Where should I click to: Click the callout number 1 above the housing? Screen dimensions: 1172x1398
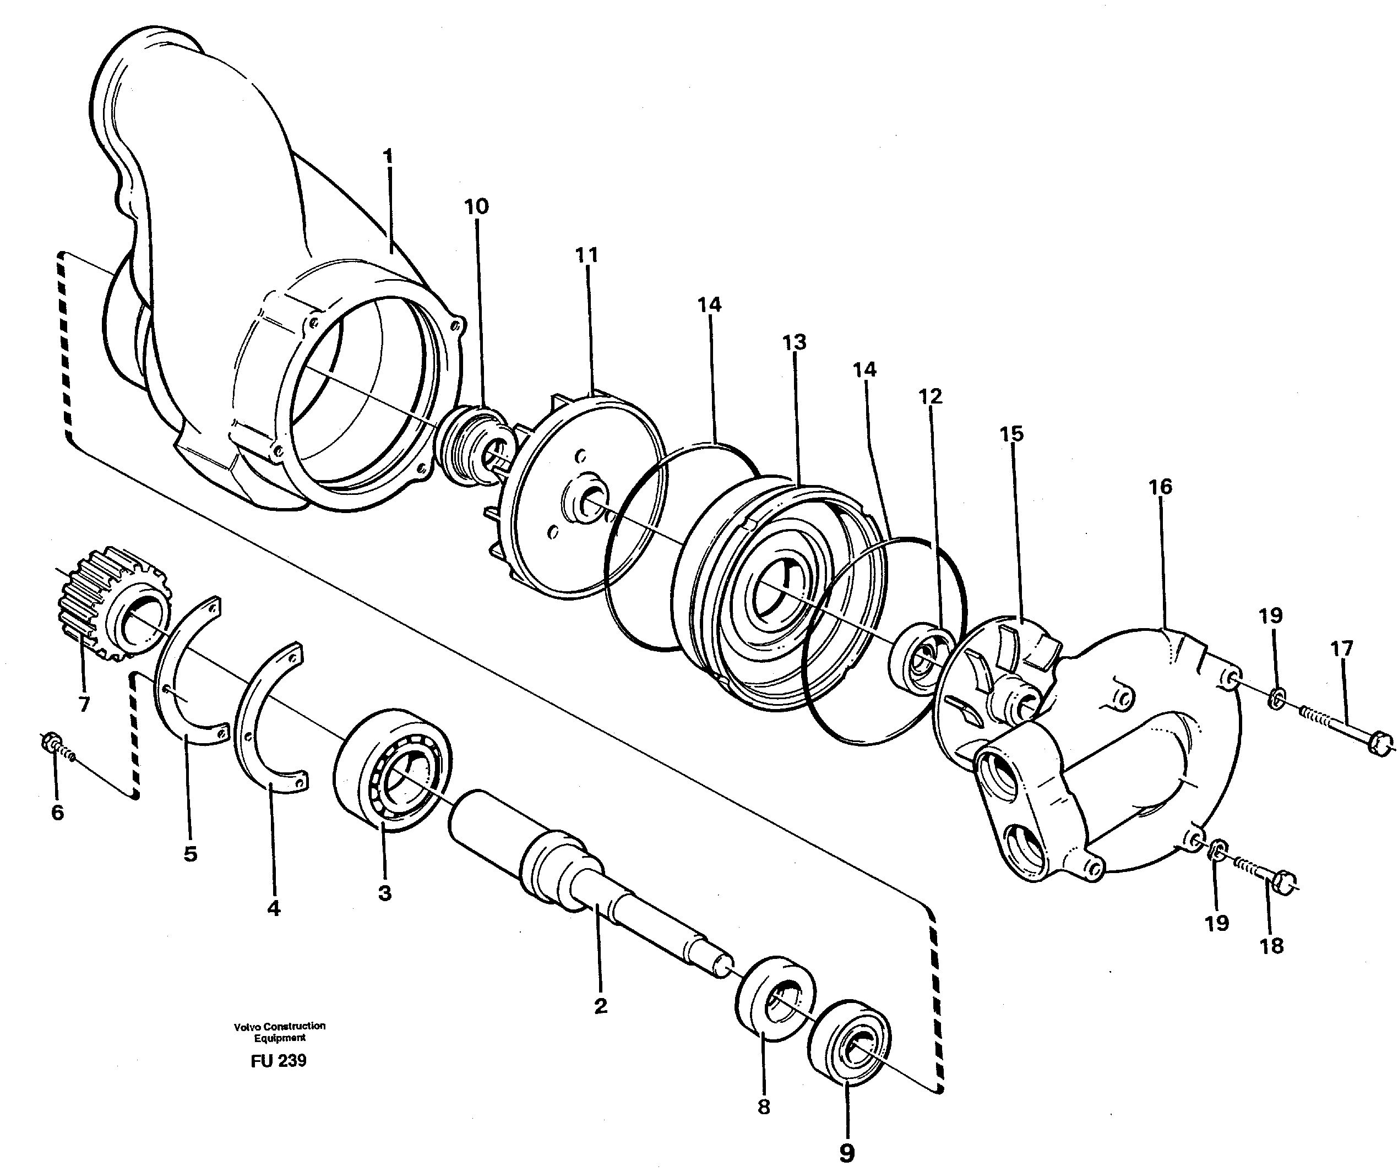tap(388, 158)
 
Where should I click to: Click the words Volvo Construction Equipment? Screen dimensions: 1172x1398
tap(280, 1032)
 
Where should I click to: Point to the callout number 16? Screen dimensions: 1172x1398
tap(1160, 487)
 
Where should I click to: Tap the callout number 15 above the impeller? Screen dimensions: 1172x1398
tap(1011, 434)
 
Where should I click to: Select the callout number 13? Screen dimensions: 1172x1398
tap(794, 342)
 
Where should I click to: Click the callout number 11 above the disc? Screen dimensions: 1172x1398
tap(586, 255)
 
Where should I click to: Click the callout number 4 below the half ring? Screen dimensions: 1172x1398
tap(274, 908)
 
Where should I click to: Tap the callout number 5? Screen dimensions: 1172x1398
tap(191, 854)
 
